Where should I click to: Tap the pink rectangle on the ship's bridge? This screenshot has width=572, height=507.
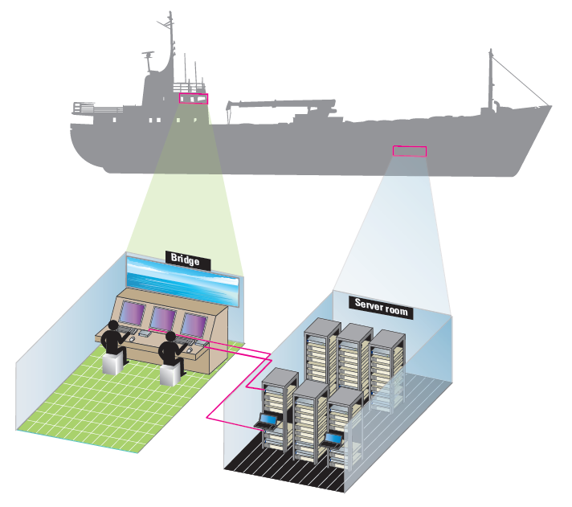(194, 98)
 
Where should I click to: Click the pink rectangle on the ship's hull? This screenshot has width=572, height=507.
(410, 149)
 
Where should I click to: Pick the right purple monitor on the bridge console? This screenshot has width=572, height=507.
(194, 324)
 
